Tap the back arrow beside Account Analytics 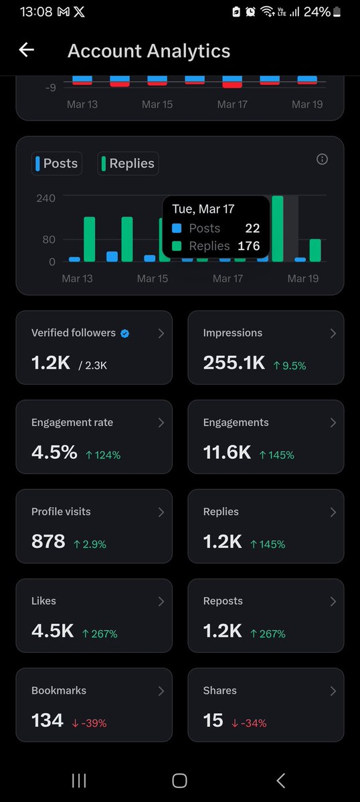[x=26, y=50]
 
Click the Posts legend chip [x=57, y=163]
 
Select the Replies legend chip [x=128, y=163]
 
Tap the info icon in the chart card [x=322, y=159]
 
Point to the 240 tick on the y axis [x=46, y=198]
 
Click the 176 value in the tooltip [x=249, y=246]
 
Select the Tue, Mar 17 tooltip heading [x=203, y=209]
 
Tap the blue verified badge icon [x=125, y=333]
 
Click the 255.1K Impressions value [x=235, y=363]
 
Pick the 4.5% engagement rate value [x=54, y=452]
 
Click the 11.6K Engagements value [x=227, y=452]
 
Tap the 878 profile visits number [x=48, y=542]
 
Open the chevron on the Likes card [x=161, y=601]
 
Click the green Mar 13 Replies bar [x=89, y=239]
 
